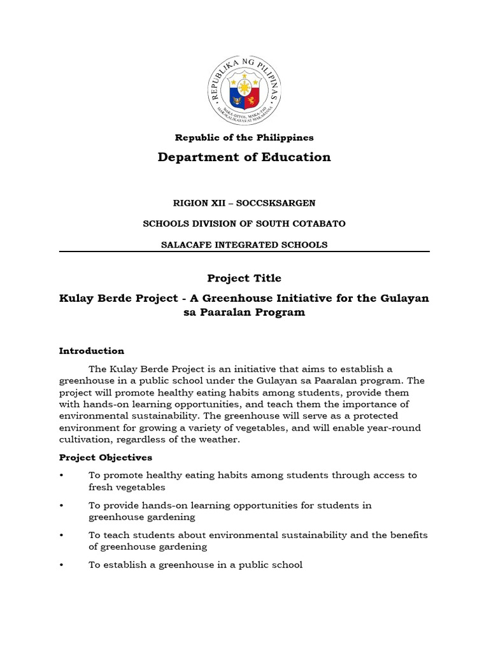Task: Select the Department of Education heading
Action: coord(244,157)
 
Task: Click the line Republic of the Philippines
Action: coord(244,138)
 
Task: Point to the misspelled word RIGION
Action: coord(190,203)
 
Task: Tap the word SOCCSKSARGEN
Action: coord(280,203)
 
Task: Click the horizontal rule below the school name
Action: coord(244,252)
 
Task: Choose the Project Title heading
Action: coord(244,278)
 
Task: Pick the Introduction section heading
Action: coord(92,351)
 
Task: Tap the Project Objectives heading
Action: coord(106,457)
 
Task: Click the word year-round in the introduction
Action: coord(393,428)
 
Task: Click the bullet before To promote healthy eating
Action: coord(62,475)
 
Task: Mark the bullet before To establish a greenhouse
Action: coord(62,565)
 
